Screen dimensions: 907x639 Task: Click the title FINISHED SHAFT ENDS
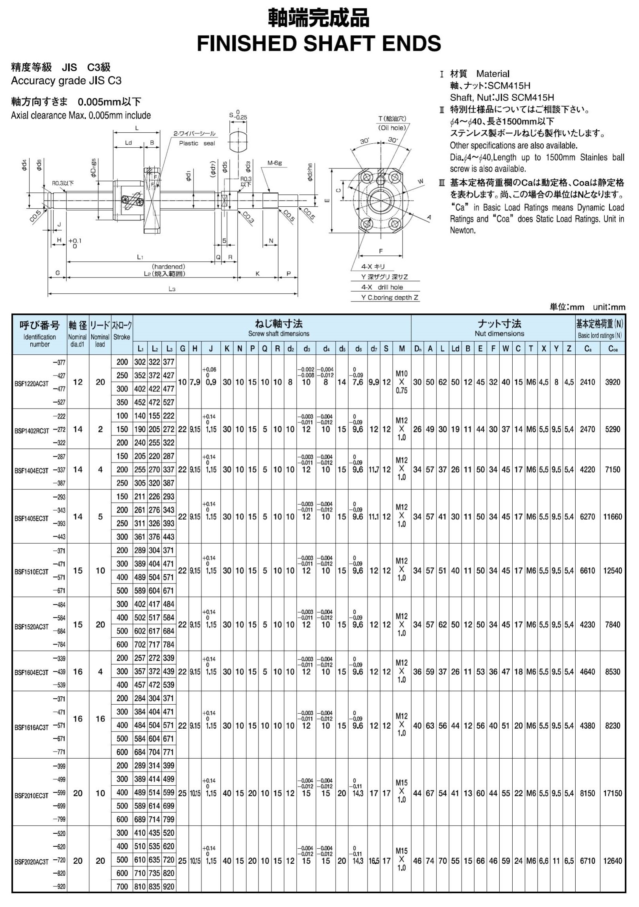319,43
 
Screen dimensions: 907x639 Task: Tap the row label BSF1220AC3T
31,383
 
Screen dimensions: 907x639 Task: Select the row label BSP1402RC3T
31,430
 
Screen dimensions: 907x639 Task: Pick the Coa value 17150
613,793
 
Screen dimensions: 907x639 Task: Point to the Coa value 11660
613,517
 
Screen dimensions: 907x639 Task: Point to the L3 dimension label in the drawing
172,289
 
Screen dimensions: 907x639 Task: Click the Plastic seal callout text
197,143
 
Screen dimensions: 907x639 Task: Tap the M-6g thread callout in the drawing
275,163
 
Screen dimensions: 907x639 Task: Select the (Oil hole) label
392,128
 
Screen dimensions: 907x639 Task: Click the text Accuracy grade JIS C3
66,81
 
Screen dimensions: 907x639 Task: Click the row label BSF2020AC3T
31,862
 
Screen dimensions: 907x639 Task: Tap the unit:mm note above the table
609,307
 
